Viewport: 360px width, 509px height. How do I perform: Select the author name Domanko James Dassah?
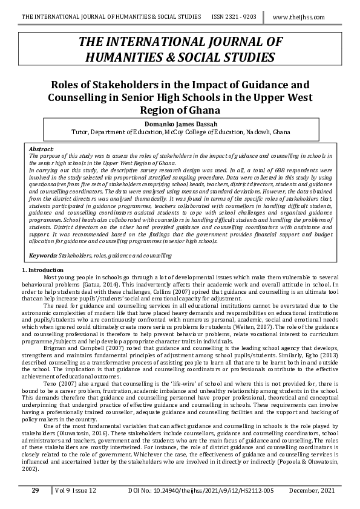click(180, 123)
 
